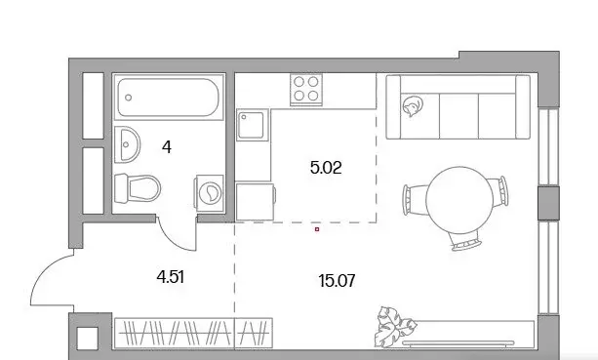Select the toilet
[137, 186]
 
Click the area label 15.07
[336, 281]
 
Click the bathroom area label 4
[167, 148]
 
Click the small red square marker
[317, 231]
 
